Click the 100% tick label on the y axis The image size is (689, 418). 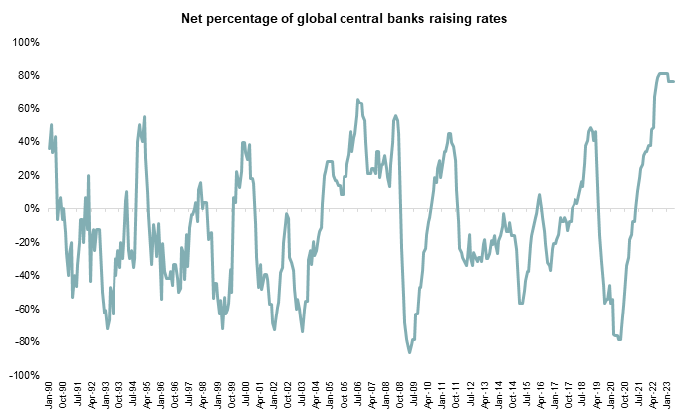tap(25, 42)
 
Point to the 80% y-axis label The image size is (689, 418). tap(27, 76)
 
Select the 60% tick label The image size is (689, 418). tap(27, 108)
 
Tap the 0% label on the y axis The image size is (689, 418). tap(30, 209)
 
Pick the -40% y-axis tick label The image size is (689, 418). tap(25, 276)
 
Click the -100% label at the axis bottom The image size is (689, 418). tap(23, 376)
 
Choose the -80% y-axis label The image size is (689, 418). tap(25, 342)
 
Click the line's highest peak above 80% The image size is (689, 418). tap(662, 73)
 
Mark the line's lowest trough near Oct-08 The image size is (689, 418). tap(409, 352)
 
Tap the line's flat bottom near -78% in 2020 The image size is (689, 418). tap(618, 339)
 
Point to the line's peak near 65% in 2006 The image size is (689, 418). tap(357, 100)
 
